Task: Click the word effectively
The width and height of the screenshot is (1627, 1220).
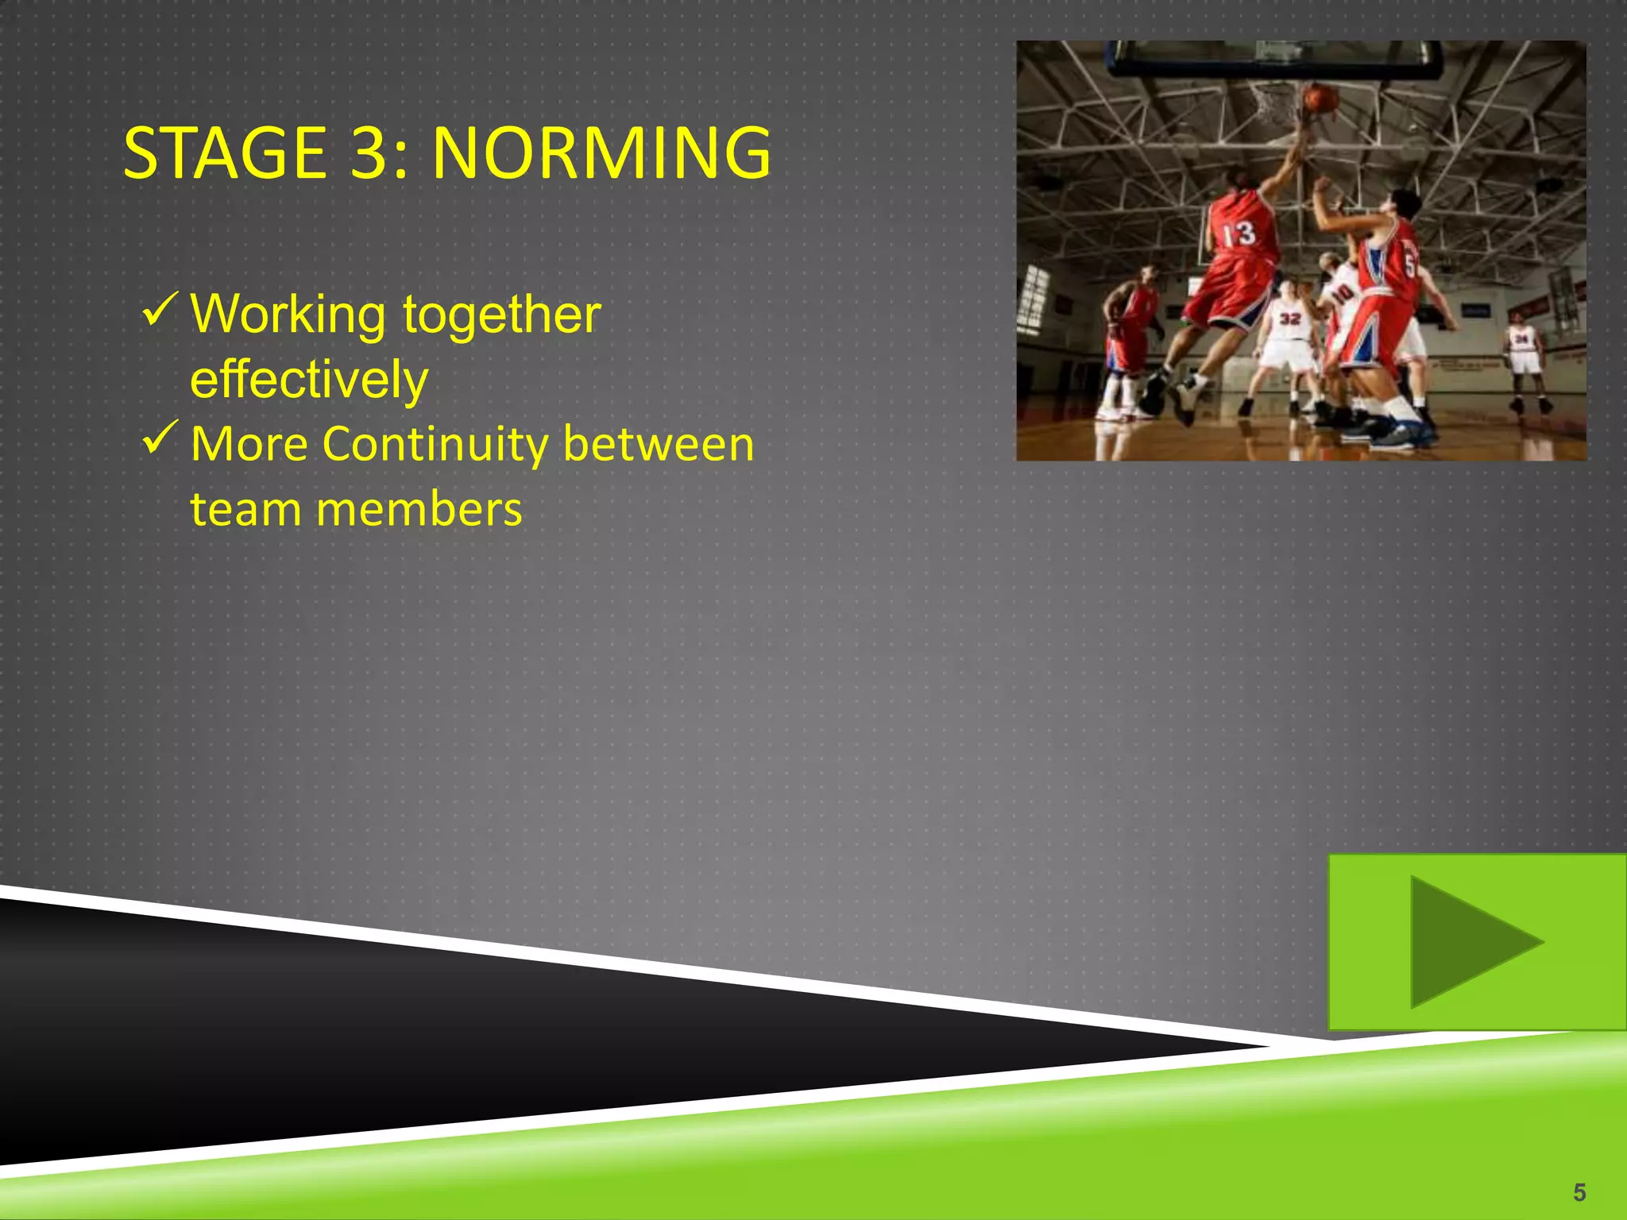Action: click(309, 380)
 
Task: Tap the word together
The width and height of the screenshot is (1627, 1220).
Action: click(501, 315)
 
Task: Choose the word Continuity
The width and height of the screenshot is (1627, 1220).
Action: click(435, 444)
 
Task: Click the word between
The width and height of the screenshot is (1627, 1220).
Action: click(659, 444)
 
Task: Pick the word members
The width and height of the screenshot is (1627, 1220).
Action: click(419, 509)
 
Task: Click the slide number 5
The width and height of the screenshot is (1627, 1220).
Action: click(1579, 1192)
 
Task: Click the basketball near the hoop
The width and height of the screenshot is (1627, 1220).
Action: click(1320, 99)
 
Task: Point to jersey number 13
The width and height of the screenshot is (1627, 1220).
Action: click(1239, 234)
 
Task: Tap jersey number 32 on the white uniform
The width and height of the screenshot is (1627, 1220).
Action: click(1289, 319)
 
